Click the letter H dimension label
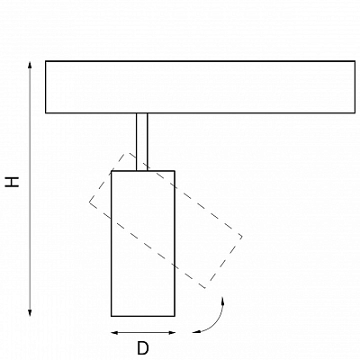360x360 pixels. coord(12,182)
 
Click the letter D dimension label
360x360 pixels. coord(143,348)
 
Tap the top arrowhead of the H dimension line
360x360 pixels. coord(30,65)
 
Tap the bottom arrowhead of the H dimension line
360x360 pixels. coord(30,312)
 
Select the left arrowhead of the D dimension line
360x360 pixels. coord(114,332)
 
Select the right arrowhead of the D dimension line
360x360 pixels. coord(172,332)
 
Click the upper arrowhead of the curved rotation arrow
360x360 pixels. coord(222,301)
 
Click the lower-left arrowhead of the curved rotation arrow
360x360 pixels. coord(196,332)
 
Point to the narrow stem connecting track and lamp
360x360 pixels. coord(142,142)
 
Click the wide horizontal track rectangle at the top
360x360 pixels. coord(200,87)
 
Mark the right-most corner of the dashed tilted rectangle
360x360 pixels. coord(242,237)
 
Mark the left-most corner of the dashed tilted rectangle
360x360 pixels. coord(89,202)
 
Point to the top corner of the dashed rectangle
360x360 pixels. coord(129,153)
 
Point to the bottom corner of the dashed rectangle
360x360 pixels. coord(205,288)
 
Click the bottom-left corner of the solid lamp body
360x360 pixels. coord(112,316)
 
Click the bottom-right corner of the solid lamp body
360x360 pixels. coord(175,316)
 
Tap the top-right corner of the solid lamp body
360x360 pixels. coord(175,171)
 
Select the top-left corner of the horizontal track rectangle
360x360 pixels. coord(46,61)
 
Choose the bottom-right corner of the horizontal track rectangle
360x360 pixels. coord(355,112)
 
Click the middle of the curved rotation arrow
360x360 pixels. coord(216,322)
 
